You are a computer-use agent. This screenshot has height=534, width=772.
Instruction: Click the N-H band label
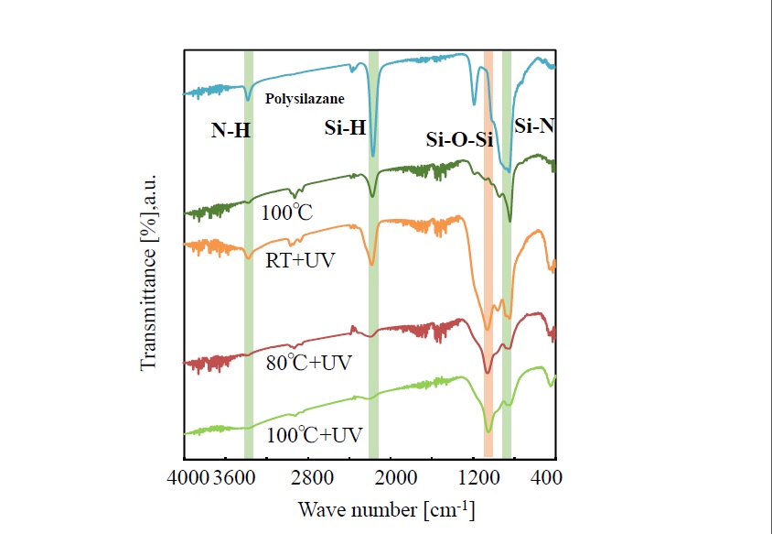click(x=231, y=131)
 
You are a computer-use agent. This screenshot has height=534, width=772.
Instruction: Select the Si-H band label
click(x=345, y=129)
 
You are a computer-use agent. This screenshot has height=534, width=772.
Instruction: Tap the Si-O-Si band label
click(x=460, y=140)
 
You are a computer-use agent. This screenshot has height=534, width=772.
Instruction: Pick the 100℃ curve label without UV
click(x=286, y=213)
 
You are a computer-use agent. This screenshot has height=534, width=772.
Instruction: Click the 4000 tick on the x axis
click(x=190, y=477)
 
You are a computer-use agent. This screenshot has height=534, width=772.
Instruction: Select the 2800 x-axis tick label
click(x=312, y=477)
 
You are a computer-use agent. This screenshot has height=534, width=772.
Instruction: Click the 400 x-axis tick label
click(x=546, y=477)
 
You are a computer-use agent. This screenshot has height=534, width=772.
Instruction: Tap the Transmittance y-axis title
click(x=148, y=269)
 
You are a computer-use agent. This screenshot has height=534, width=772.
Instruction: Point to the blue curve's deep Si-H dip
click(x=372, y=155)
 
